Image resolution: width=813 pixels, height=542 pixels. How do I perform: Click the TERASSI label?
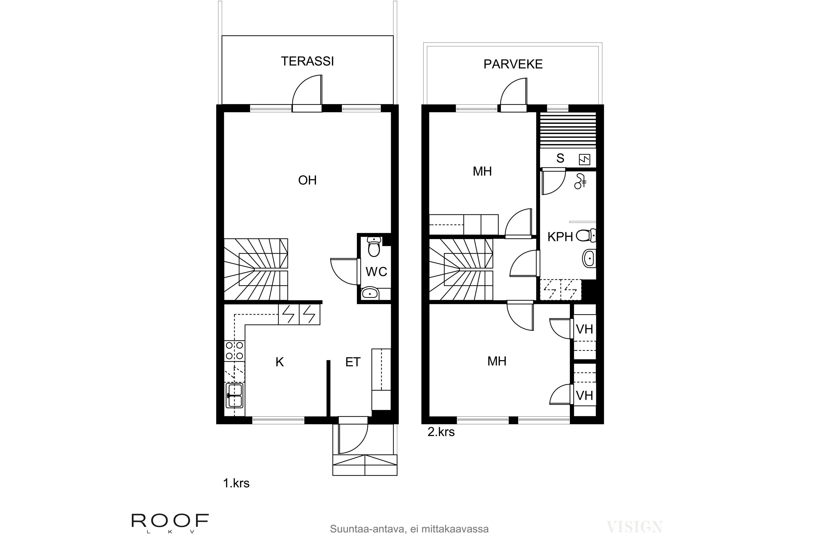tap(307, 61)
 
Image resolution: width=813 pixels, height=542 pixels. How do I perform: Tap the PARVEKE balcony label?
tap(513, 64)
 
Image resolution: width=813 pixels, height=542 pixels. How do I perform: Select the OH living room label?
tap(307, 180)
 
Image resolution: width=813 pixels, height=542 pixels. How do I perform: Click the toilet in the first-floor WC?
tap(374, 247)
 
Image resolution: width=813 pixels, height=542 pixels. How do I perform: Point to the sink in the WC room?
tap(370, 294)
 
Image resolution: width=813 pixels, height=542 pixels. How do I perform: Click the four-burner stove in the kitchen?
tap(234, 350)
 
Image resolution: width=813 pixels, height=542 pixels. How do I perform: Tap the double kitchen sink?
tap(234, 396)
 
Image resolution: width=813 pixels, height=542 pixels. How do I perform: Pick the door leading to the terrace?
tap(307, 93)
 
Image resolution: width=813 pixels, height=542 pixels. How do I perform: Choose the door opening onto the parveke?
tap(514, 95)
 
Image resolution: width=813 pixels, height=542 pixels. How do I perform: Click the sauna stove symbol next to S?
tap(585, 159)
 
